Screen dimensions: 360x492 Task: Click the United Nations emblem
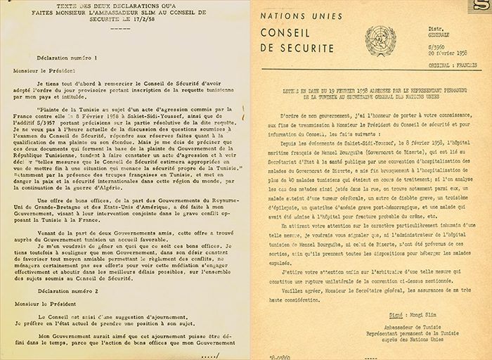click(380, 38)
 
